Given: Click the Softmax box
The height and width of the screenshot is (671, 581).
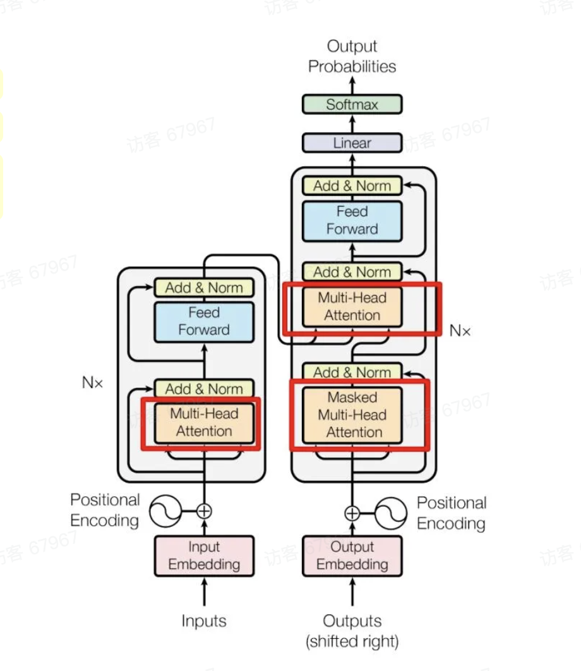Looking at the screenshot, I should [x=352, y=104].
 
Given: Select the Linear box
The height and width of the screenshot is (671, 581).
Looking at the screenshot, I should [x=352, y=143].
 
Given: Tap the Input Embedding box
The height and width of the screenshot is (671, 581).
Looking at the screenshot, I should [x=204, y=555].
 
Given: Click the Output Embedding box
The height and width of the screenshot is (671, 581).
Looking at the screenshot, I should [x=352, y=555].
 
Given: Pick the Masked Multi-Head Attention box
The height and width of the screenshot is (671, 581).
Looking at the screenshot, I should [x=352, y=415].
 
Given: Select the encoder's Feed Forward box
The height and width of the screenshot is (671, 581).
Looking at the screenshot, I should [x=204, y=321].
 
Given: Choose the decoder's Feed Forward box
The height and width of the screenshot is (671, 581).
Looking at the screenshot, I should [x=352, y=221].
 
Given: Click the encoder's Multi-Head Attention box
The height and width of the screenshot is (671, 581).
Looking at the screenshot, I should [x=204, y=423].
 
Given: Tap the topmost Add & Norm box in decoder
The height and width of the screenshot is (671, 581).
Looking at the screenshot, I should [x=352, y=186].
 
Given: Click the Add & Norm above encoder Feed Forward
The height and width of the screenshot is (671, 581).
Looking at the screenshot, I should [x=204, y=287].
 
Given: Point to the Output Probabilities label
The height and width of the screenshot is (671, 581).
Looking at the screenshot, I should [x=352, y=56].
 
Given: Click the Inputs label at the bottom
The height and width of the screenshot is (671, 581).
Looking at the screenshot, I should [x=204, y=621].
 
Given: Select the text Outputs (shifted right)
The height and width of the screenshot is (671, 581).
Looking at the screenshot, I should [x=352, y=631].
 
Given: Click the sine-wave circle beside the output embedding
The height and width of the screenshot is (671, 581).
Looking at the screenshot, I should [x=391, y=513].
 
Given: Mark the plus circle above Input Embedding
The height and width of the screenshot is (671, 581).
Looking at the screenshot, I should [x=204, y=511].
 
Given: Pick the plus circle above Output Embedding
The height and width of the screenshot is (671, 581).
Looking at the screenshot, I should [x=352, y=513].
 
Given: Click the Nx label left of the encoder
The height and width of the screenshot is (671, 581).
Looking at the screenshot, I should [x=92, y=382].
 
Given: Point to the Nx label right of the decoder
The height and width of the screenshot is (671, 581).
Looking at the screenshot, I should [x=460, y=330].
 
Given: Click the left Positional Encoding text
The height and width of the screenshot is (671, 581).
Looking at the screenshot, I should [x=105, y=510].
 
